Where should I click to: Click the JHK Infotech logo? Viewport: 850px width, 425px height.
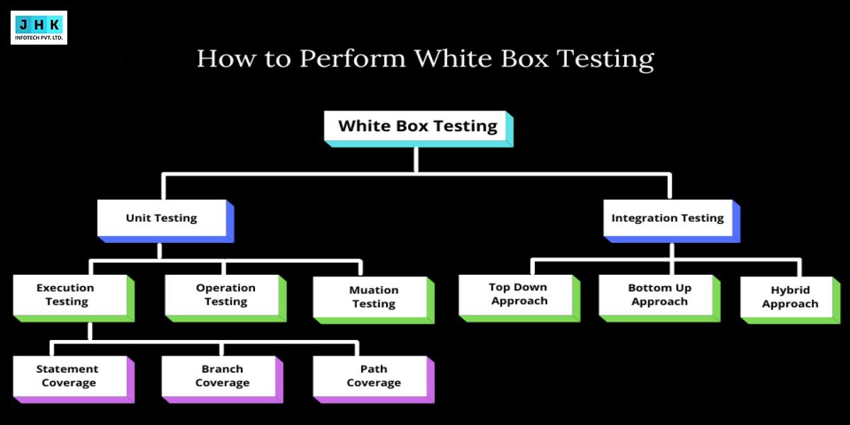(x=39, y=28)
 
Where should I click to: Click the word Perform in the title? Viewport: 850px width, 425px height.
(x=352, y=59)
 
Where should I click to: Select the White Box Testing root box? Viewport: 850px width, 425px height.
(x=417, y=127)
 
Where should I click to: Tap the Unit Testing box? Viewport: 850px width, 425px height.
(x=161, y=218)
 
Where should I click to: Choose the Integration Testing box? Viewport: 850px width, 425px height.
(x=667, y=218)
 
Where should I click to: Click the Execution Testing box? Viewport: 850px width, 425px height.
(x=66, y=295)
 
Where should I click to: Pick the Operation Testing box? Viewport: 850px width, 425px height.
(x=225, y=295)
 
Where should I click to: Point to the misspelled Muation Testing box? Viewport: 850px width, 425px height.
(x=373, y=297)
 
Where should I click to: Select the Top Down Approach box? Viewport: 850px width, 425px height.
(x=518, y=294)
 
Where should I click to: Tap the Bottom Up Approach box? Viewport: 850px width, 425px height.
(x=659, y=295)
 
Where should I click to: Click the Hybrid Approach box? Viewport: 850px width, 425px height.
(x=790, y=297)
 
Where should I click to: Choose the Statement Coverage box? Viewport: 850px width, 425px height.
(x=68, y=376)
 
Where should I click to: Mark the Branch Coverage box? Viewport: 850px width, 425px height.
(x=222, y=376)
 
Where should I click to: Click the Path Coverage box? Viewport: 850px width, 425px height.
(x=373, y=376)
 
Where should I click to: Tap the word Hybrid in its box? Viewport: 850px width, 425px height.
(x=790, y=290)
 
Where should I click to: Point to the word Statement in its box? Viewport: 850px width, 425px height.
(x=67, y=369)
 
